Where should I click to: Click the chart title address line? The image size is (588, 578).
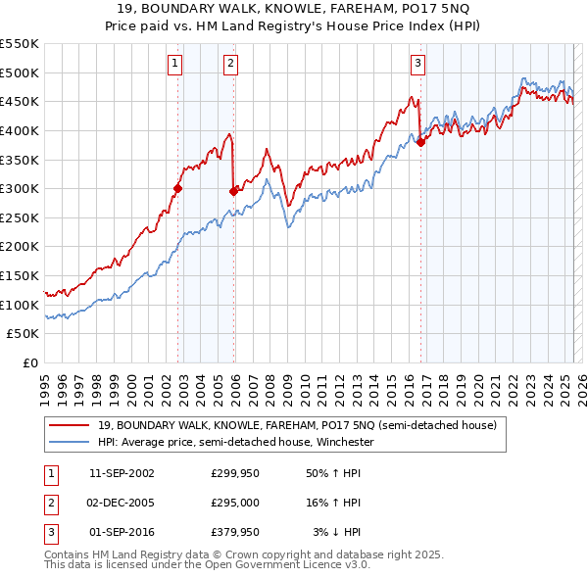pos(294,8)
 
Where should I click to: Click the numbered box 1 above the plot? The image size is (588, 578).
pos(174,64)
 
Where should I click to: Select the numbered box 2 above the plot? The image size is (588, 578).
pos(230,64)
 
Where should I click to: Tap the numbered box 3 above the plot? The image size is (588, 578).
pos(417,64)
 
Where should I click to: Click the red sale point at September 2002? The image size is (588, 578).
pos(178,189)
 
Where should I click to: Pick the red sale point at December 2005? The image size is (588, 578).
pos(233,192)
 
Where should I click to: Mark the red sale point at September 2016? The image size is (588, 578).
pos(420,142)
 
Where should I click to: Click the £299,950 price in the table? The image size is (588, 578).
pos(235,473)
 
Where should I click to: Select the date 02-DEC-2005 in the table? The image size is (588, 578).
pos(122,503)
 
